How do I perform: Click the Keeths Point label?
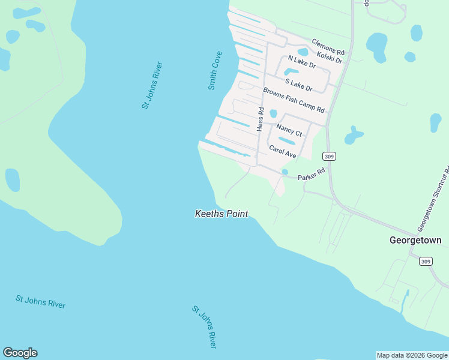click(x=221, y=214)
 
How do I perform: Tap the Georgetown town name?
click(x=415, y=240)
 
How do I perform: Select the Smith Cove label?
click(x=215, y=71)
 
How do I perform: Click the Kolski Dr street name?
click(x=329, y=56)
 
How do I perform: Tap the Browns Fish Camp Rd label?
click(x=294, y=100)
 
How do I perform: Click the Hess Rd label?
click(x=261, y=119)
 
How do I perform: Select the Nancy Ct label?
click(x=289, y=130)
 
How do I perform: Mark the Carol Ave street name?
click(x=283, y=151)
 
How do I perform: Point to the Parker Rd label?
click(x=312, y=175)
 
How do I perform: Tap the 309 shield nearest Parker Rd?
click(x=328, y=156)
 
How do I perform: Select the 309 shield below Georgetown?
click(x=426, y=262)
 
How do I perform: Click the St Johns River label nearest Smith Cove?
click(x=152, y=85)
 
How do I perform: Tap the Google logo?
click(x=20, y=353)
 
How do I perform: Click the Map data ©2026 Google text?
click(x=412, y=355)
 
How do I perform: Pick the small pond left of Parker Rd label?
click(x=285, y=172)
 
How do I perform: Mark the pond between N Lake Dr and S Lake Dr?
click(x=296, y=72)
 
